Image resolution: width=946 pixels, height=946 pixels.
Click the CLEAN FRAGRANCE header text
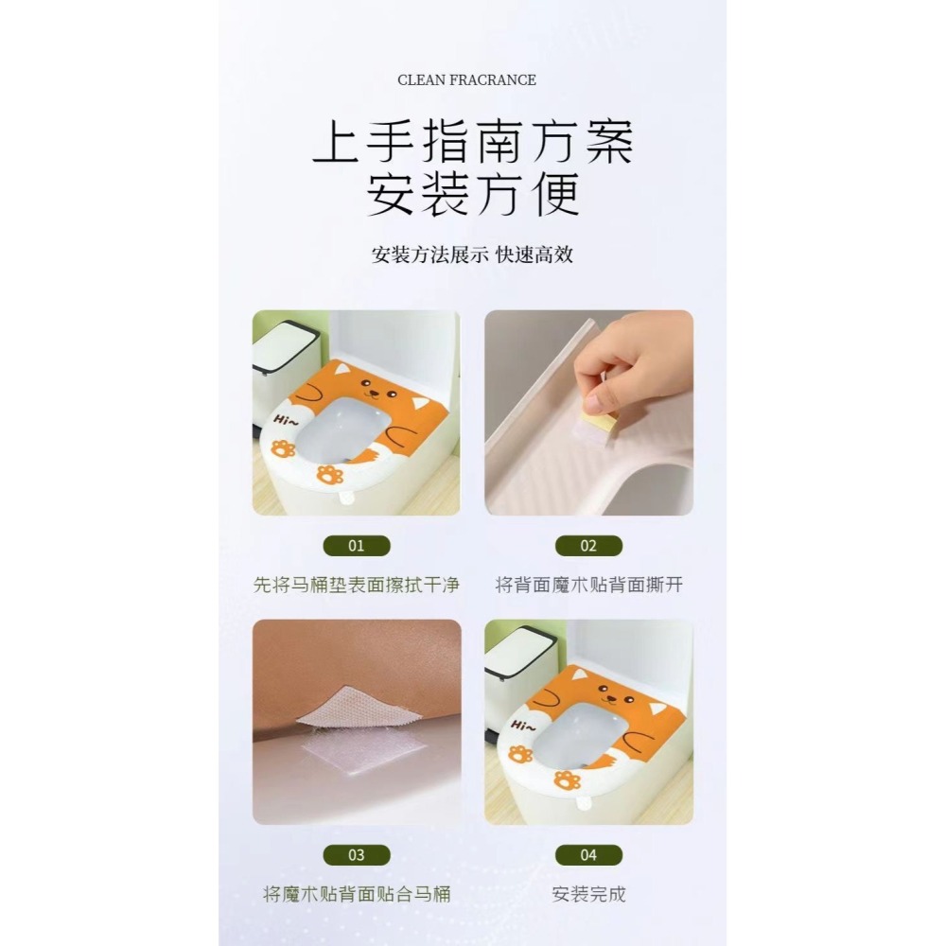coord(466,80)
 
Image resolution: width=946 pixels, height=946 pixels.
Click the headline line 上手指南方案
coord(472,144)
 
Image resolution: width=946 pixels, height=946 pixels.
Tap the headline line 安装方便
coord(472,197)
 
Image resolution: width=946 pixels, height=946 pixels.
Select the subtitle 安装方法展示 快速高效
coord(472,254)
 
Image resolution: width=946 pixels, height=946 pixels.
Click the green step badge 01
coord(356,546)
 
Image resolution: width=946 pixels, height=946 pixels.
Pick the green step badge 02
coord(588,546)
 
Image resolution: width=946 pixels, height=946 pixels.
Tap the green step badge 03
coord(356,855)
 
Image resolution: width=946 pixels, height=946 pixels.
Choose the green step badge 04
coord(588,855)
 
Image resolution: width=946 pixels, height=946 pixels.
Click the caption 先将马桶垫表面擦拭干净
coord(357,586)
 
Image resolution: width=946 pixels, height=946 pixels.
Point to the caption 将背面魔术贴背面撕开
coord(588,586)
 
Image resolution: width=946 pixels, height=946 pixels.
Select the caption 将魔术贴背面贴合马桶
coord(357,894)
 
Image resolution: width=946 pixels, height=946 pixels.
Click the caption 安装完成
coord(588,894)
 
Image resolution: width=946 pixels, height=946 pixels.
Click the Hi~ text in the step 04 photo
coord(521,725)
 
